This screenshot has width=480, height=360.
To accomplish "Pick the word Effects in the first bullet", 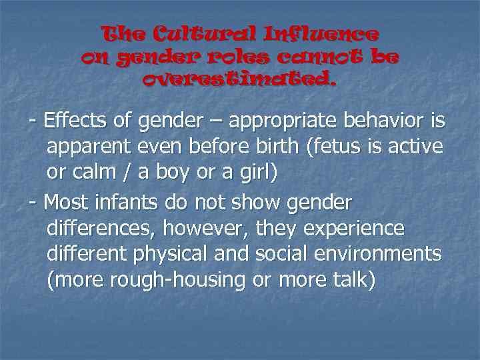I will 72,122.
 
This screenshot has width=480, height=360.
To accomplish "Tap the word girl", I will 255,171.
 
